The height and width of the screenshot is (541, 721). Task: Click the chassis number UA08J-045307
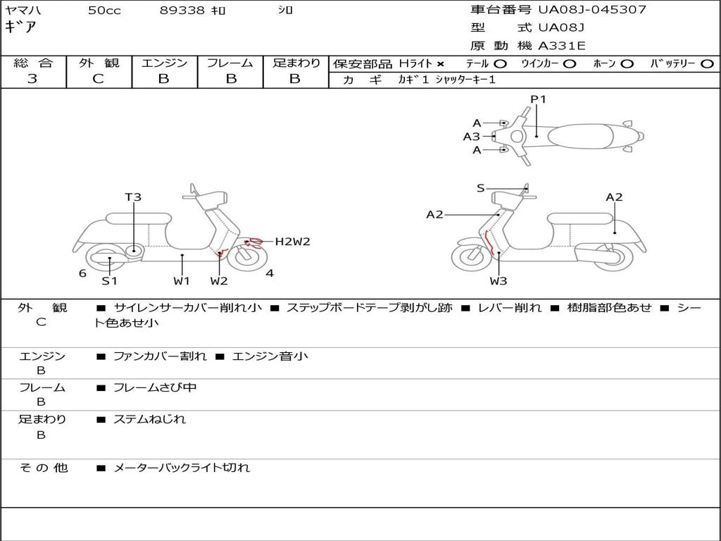592,10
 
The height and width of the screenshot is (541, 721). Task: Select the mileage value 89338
182,11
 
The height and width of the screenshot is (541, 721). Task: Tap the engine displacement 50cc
104,11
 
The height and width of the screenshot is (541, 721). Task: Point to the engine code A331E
562,46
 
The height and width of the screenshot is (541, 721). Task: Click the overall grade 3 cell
32,79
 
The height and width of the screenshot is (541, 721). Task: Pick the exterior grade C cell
98,79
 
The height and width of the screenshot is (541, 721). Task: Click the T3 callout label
133,197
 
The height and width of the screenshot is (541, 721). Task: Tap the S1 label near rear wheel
109,280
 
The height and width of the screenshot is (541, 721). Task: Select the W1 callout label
182,281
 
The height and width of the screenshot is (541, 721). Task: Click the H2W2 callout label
292,242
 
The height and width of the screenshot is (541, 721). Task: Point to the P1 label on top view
538,99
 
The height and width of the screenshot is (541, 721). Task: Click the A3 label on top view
471,137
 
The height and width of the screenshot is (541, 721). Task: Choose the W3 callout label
499,282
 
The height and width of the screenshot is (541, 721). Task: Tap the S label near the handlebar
480,188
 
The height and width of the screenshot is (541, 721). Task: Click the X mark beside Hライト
440,63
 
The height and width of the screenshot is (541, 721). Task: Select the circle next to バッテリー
706,63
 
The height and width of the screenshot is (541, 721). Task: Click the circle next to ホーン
627,63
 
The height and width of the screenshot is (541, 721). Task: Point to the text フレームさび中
155,387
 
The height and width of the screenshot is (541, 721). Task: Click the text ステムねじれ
149,419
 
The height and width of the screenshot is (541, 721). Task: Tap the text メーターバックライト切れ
182,467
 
